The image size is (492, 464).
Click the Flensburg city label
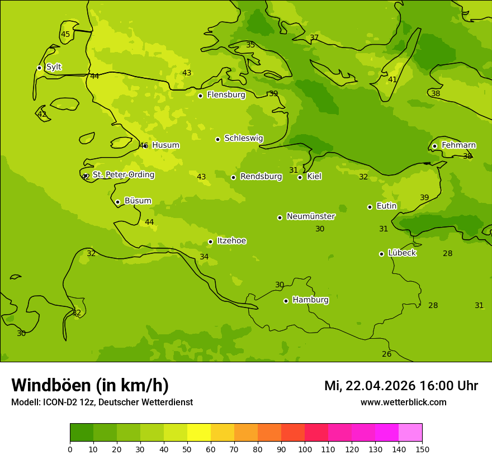coord(226,95)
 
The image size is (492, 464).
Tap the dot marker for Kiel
coord(300,177)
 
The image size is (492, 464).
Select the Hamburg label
coord(310,300)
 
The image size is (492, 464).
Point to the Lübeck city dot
coord(381,254)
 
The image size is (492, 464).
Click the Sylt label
coord(54,67)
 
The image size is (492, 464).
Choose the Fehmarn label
coord(458,145)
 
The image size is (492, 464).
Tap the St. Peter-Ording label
coord(123,175)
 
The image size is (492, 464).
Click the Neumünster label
coord(311,216)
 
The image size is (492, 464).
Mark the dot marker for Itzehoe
coord(210,242)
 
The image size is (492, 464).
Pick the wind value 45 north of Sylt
coord(65,35)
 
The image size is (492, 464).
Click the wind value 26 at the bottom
coord(386,354)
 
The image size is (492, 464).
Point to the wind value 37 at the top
coord(314,38)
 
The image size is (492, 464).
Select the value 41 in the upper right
coord(392,80)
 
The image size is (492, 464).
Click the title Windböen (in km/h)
coord(90,385)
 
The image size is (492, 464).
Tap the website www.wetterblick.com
coord(403,403)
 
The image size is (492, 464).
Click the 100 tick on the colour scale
coord(305,449)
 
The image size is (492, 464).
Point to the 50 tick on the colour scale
coord(187,449)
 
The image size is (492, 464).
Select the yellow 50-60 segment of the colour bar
coord(199,433)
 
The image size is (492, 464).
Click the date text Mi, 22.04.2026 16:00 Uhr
coord(401,386)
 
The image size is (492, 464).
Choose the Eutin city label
coord(386,206)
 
